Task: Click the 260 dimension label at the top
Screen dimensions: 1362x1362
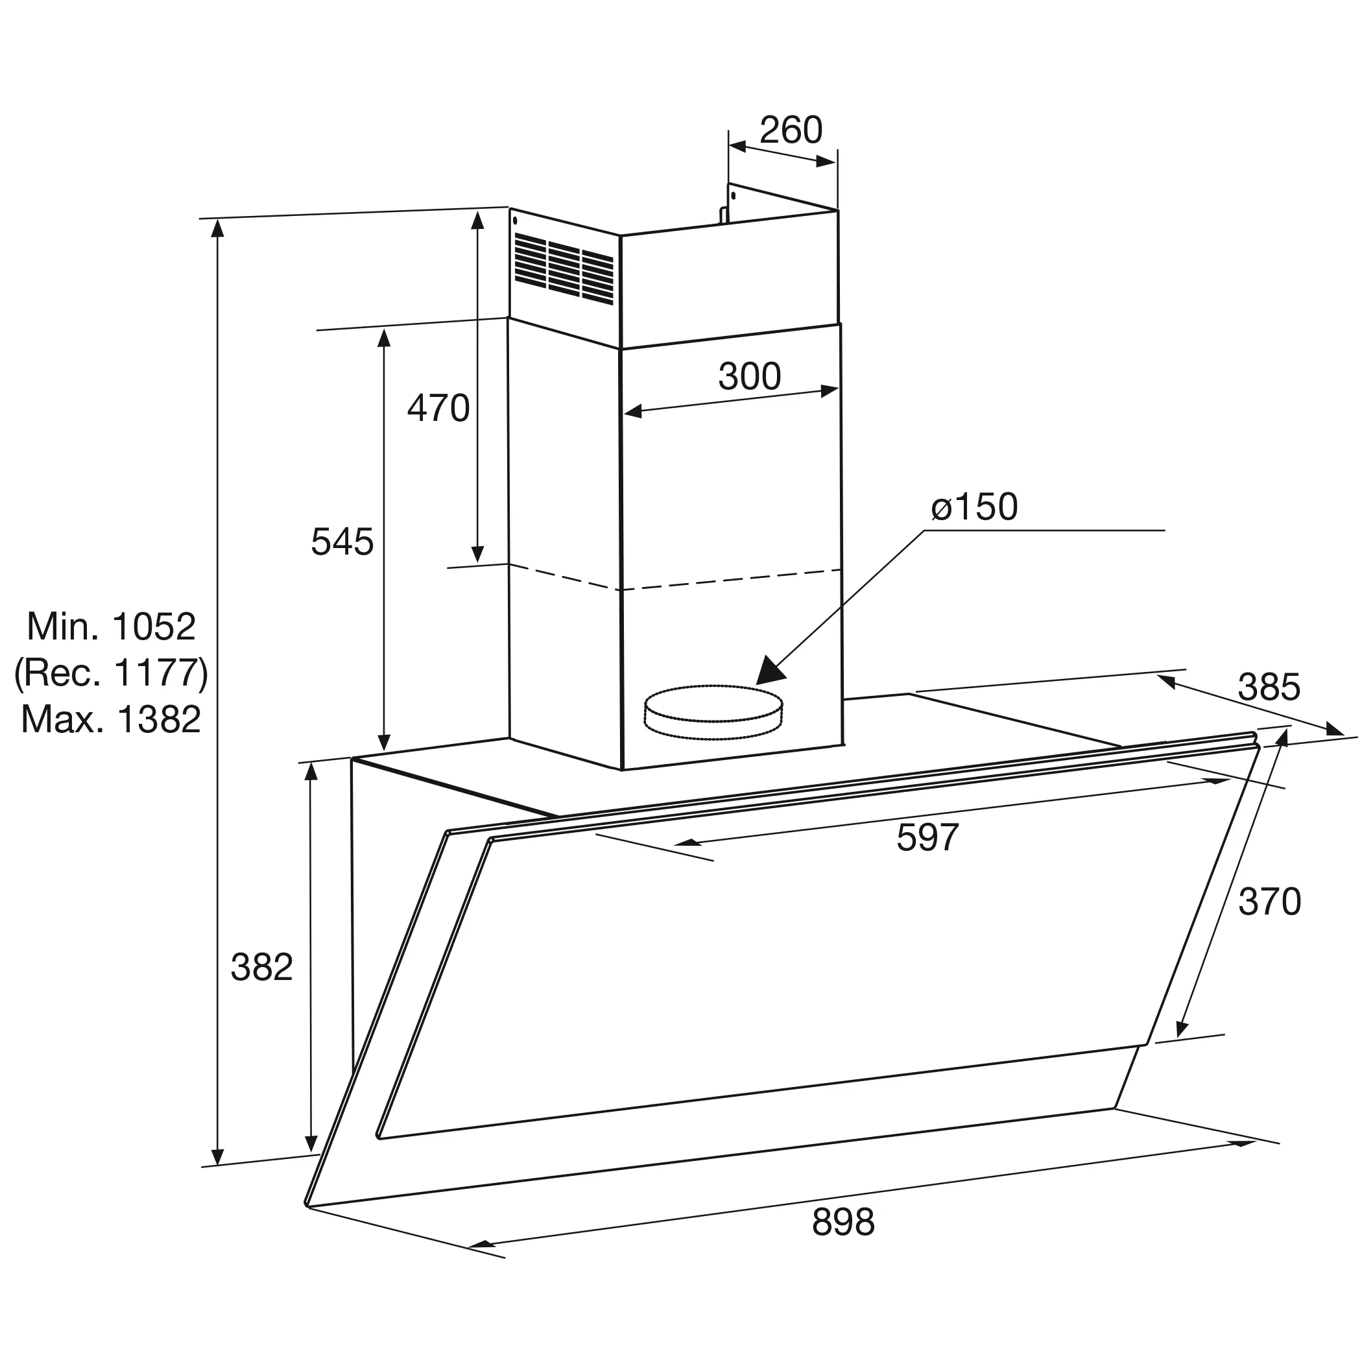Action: (791, 130)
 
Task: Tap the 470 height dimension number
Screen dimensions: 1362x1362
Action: (438, 408)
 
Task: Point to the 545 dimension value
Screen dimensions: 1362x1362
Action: (342, 542)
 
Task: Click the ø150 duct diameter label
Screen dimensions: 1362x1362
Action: (974, 507)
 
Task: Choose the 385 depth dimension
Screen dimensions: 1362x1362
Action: (1269, 687)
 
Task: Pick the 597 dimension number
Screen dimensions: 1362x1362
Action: (927, 837)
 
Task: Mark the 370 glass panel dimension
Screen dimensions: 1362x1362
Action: (1270, 902)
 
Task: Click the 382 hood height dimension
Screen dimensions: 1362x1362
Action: (261, 967)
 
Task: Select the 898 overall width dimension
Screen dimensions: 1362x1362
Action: (843, 1223)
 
